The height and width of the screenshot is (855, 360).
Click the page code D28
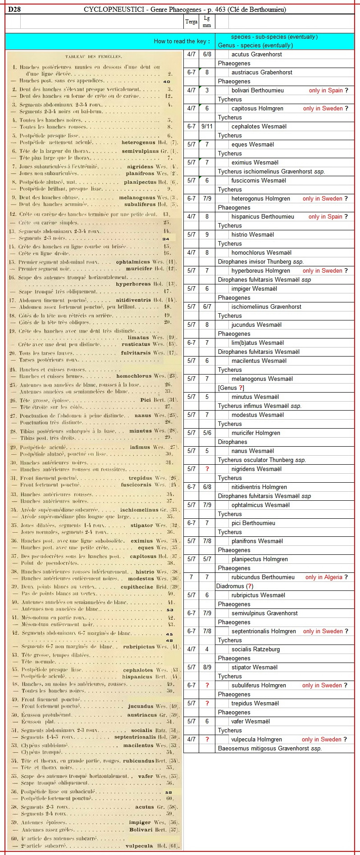14,9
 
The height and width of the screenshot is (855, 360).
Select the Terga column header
191,22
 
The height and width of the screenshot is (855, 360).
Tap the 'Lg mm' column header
207,22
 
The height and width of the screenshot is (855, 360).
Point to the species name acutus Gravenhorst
256,54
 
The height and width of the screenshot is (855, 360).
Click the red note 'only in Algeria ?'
326,577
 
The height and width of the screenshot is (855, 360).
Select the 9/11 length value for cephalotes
207,126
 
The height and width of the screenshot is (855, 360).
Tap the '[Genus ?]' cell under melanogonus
231,388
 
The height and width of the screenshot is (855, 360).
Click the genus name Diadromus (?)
235,586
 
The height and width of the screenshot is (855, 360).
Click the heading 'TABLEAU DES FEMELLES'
93,56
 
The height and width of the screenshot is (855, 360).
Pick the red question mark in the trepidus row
207,703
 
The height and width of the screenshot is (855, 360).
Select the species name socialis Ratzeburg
255,649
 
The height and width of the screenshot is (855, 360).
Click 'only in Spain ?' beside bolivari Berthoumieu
328,90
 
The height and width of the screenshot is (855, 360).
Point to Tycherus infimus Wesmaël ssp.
260,406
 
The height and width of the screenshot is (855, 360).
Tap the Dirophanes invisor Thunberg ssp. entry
260,261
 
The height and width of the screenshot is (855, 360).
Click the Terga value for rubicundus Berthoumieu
191,577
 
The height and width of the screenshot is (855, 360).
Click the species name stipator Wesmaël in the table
254,667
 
